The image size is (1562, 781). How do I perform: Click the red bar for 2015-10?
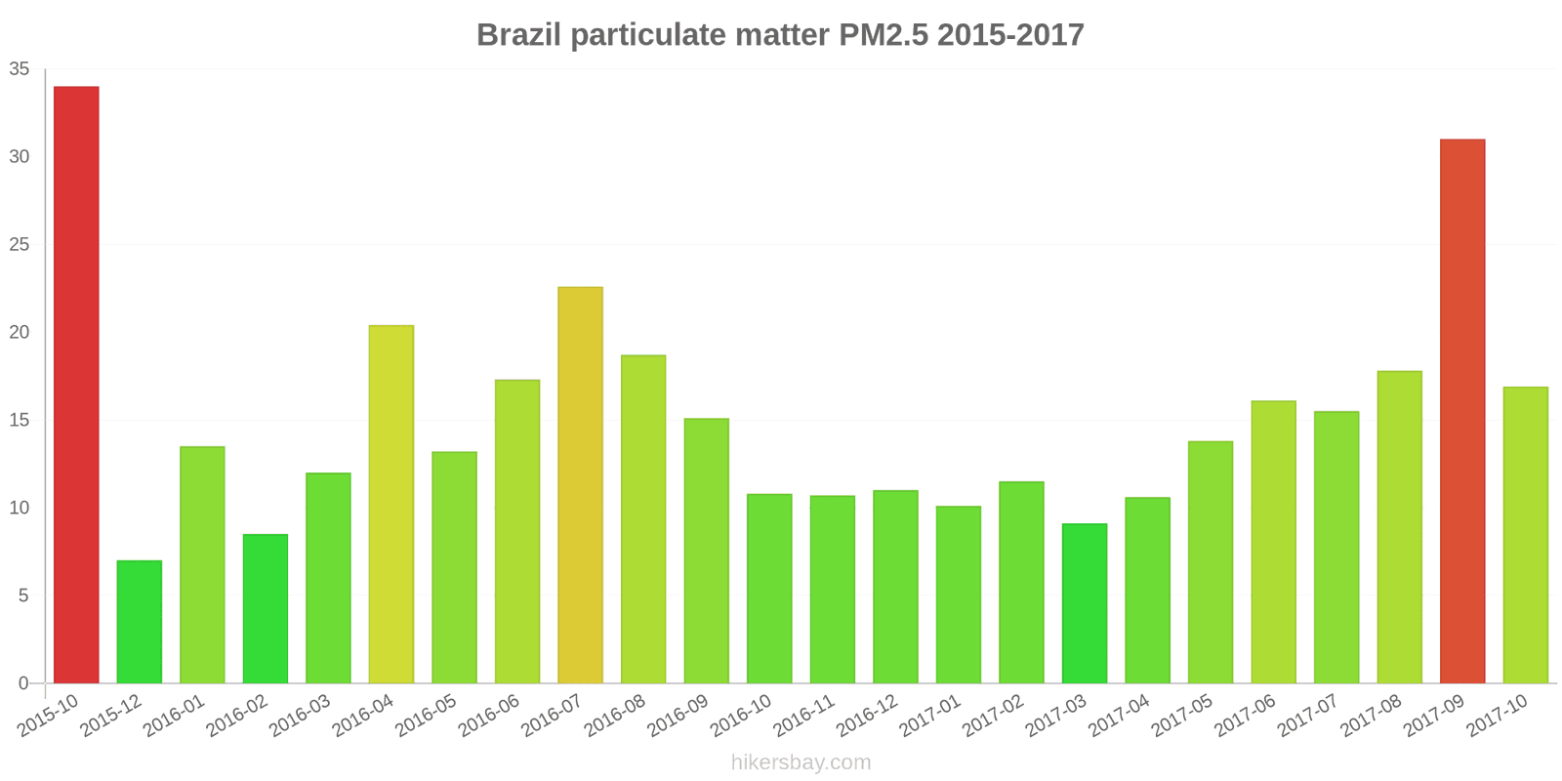pyautogui.click(x=76, y=385)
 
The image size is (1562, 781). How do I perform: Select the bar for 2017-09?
pyautogui.click(x=1461, y=411)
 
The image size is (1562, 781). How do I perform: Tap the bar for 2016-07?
pyautogui.click(x=580, y=485)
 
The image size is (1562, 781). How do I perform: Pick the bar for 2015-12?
pyautogui.click(x=139, y=622)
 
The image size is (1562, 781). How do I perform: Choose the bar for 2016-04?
pyautogui.click(x=390, y=504)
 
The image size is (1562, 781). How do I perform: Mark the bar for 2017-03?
pyautogui.click(x=1084, y=603)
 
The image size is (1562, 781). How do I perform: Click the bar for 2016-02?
pyautogui.click(x=265, y=608)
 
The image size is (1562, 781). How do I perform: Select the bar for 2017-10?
pyautogui.click(x=1525, y=535)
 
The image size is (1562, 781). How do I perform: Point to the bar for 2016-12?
pyautogui.click(x=895, y=587)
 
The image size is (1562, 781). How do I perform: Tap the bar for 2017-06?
pyautogui.click(x=1273, y=542)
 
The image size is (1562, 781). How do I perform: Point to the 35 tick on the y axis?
pyautogui.click(x=20, y=69)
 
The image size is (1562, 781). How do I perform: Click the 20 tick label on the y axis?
pyautogui.click(x=20, y=333)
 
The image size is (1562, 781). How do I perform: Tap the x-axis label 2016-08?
pyautogui.click(x=615, y=716)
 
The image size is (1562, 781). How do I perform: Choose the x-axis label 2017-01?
pyautogui.click(x=930, y=716)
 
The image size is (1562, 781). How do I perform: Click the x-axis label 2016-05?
pyautogui.click(x=426, y=716)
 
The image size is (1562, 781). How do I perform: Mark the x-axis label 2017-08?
pyautogui.click(x=1371, y=716)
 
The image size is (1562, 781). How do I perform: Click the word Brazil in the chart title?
pyautogui.click(x=518, y=35)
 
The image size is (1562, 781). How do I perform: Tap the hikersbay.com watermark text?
pyautogui.click(x=801, y=762)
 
